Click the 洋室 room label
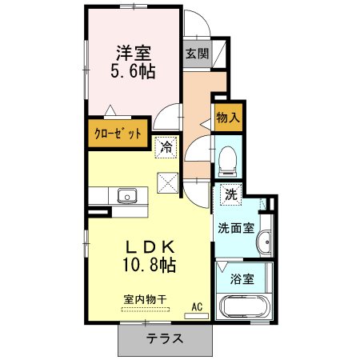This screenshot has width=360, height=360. click(x=134, y=53)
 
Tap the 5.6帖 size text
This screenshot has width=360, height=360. click(x=133, y=71)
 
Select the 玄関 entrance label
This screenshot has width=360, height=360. click(x=197, y=54)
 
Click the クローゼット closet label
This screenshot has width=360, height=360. click(x=118, y=133)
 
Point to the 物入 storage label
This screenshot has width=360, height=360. click(x=228, y=118)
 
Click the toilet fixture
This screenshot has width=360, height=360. click(x=227, y=161)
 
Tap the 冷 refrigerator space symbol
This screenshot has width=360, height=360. click(x=166, y=147)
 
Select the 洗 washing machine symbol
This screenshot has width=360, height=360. click(x=231, y=194)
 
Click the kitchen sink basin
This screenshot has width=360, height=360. click(x=127, y=196)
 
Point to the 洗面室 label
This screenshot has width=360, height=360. click(x=236, y=228)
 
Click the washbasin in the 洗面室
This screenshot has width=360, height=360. click(x=264, y=242)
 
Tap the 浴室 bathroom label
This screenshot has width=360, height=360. click(x=242, y=278)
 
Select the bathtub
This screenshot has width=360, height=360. click(x=244, y=306)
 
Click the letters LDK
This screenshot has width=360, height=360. click(x=150, y=247)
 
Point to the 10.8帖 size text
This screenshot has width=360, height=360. click(x=149, y=265)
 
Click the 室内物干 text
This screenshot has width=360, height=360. click(x=145, y=299)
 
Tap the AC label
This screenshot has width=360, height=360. click(x=197, y=306)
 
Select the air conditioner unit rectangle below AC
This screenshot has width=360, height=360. click(x=197, y=316)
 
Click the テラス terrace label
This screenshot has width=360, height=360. click(x=165, y=338)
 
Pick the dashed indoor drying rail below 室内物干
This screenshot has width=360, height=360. click(x=146, y=310)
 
